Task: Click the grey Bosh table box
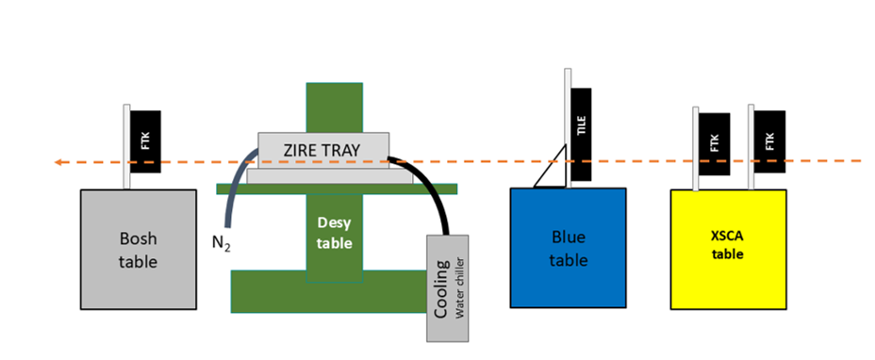coord(139,249)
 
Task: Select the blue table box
coord(568,247)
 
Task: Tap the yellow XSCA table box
coord(728,249)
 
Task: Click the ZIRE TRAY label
coord(322,150)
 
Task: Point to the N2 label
coord(222,244)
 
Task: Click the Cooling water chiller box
coord(448,288)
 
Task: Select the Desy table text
coord(335,233)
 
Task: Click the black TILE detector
coord(581,134)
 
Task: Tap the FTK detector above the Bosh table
coord(145,141)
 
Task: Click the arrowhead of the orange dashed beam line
coord(58,162)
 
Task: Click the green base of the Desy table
coord(329,291)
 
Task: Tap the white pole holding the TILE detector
coord(568,128)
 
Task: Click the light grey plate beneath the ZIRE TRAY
coord(330,176)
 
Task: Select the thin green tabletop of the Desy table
coord(337,188)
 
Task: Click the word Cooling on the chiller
coord(441,288)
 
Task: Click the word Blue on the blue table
coord(568,237)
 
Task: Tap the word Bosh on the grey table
coord(139,238)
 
